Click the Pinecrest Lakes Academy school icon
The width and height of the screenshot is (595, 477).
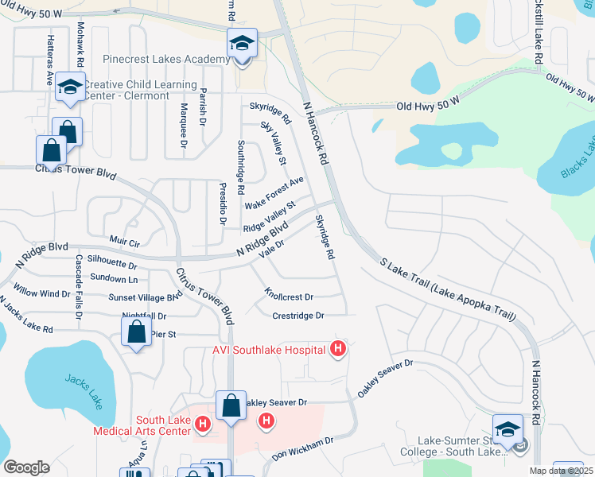tap(242, 44)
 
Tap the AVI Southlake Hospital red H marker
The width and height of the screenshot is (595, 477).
tap(339, 349)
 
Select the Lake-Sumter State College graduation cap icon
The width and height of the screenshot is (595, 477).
tap(507, 430)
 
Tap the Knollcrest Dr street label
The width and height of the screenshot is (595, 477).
tap(289, 297)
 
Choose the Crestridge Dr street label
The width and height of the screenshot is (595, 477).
tap(298, 316)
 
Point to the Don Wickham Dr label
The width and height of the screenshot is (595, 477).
tap(301, 448)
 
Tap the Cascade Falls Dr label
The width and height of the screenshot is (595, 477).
tap(79, 287)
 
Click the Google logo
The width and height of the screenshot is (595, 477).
tap(26, 467)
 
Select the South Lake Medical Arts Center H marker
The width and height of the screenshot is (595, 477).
tap(203, 425)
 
